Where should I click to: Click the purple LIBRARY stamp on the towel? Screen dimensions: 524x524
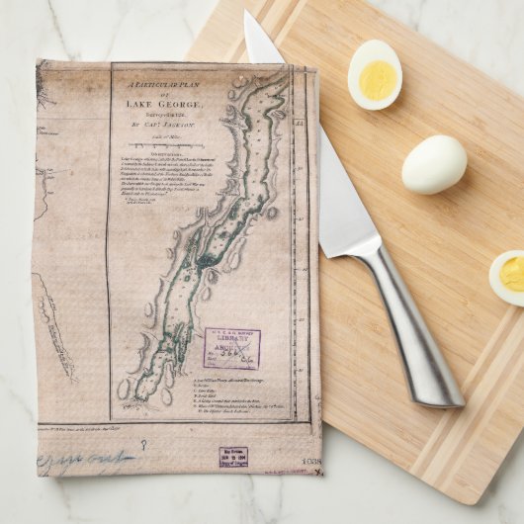[x=232, y=347]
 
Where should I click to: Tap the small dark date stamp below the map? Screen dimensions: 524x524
[x=233, y=456]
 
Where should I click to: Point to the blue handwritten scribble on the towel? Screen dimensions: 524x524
[x=84, y=461]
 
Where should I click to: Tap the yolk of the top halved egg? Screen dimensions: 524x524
[x=377, y=80]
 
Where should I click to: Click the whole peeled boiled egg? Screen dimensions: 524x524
[x=434, y=163]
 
